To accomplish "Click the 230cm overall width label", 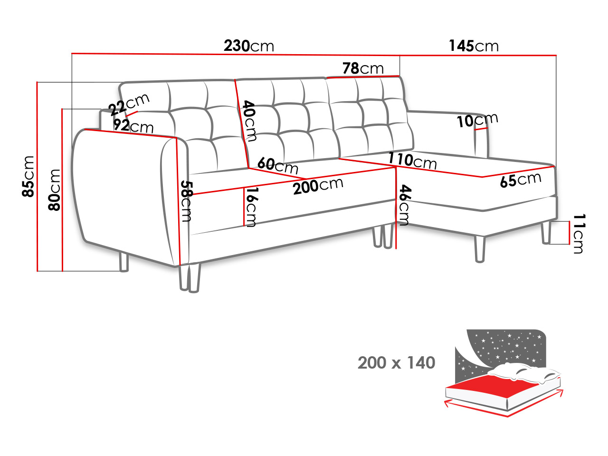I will (249, 46).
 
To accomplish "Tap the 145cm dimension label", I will (474, 46).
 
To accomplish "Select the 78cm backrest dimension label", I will (363, 68).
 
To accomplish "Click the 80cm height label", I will (55, 190).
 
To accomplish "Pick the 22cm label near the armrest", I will (129, 104).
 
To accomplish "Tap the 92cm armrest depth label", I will (133, 126).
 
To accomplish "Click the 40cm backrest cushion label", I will (249, 121).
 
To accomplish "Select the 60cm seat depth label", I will (278, 165).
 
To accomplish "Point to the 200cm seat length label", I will (318, 186).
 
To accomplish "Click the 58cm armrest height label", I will (186, 201).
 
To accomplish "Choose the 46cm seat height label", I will (404, 205).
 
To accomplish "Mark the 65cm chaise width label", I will (521, 180).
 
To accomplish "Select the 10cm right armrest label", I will (477, 120).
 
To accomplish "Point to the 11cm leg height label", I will (578, 233).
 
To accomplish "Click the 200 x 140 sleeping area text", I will (396, 363).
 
